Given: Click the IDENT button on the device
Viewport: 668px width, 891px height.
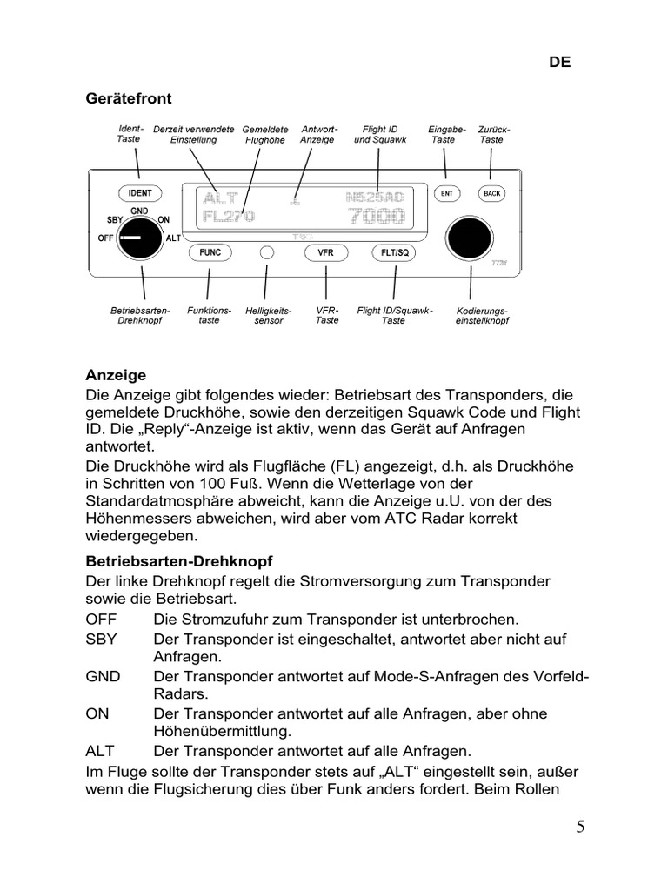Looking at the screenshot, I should tap(139, 193).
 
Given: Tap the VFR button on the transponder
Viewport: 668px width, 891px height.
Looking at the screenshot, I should tap(326, 252).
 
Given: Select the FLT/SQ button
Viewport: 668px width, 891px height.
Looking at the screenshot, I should tap(395, 252).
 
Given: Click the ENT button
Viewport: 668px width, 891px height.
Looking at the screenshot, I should tap(446, 193).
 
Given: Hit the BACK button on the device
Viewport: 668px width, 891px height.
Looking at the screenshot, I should tap(491, 193).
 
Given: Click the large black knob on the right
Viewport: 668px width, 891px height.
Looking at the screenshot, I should tap(470, 237).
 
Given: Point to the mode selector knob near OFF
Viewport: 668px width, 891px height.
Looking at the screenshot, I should tap(140, 238).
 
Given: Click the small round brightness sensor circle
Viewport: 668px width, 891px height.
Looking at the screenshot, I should tap(268, 252).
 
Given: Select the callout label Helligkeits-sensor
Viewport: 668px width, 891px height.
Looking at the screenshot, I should tap(268, 315).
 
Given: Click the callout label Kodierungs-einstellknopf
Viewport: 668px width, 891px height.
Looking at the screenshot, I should tap(482, 315).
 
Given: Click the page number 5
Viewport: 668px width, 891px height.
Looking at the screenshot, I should tap(579, 827).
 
